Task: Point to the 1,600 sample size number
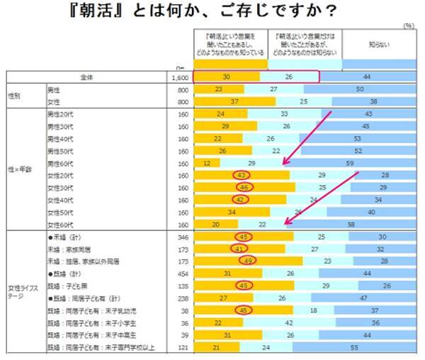coord(178,77)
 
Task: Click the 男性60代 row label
coord(62,162)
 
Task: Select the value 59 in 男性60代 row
coord(350,162)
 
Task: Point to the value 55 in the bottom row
coord(354,347)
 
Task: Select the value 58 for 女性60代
coord(351,224)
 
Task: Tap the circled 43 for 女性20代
coord(242,174)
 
